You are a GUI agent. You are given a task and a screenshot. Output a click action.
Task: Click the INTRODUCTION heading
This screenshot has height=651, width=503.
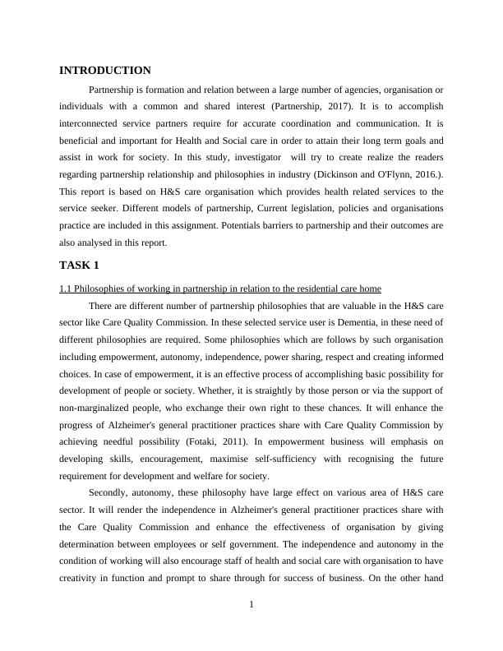click(105, 71)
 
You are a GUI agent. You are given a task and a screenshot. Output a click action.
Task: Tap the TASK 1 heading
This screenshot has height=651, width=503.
click(79, 265)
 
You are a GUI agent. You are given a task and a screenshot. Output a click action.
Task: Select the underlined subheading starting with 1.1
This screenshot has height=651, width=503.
click(220, 289)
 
